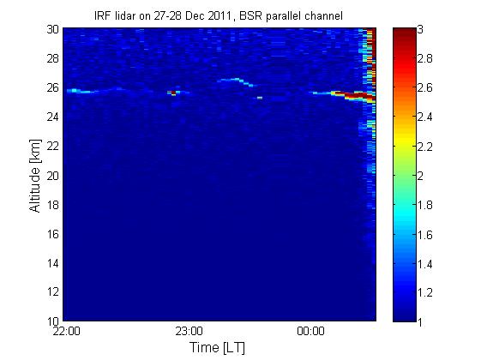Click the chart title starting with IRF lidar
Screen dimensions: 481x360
219,16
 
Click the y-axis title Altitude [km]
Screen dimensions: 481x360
35,176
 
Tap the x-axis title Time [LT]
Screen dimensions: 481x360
217,347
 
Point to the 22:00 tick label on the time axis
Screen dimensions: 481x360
67,331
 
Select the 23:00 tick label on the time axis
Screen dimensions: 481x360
189,331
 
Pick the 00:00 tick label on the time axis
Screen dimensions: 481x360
310,331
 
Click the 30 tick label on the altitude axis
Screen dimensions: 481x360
53,29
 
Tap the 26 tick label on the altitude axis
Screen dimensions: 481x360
53,87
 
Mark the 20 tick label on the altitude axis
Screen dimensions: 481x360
53,176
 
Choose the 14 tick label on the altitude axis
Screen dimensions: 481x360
53,263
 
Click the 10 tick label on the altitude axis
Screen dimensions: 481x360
53,321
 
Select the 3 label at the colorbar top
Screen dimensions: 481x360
420,29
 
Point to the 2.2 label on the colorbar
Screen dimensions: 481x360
425,147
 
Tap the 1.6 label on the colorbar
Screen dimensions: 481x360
425,235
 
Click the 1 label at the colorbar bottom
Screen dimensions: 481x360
420,321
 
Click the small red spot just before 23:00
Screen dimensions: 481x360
173,93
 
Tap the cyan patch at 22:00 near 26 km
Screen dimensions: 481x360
74,91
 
